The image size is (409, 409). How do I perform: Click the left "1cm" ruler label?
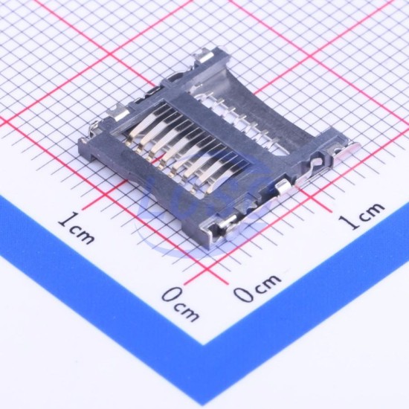tap(76, 228)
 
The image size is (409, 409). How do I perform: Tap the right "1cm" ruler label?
tap(361, 215)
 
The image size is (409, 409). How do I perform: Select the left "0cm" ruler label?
tap(180, 303)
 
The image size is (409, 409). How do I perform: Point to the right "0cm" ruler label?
tap(257, 288)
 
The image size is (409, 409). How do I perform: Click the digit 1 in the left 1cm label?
tap(65, 219)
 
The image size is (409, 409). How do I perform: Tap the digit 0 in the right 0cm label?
tap(243, 294)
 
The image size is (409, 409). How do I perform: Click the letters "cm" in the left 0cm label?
tap(187, 311)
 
